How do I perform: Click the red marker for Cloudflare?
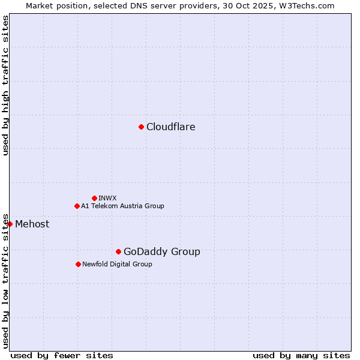[141, 127]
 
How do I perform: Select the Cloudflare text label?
[171, 127]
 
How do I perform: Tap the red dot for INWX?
[94, 198]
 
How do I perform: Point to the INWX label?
[107, 198]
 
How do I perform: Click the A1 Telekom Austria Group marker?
[77, 206]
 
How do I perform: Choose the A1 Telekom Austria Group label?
[122, 206]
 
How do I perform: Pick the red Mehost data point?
[10, 224]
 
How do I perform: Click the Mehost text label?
[32, 224]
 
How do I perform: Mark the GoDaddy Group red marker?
[118, 251]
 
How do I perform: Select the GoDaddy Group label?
[162, 252]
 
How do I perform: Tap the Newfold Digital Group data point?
[78, 264]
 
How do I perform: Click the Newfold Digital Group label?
[117, 264]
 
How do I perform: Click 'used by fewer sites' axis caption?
[62, 355]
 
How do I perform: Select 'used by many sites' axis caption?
[301, 355]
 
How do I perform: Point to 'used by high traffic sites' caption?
[5, 85]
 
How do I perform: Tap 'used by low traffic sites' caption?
[5, 280]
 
